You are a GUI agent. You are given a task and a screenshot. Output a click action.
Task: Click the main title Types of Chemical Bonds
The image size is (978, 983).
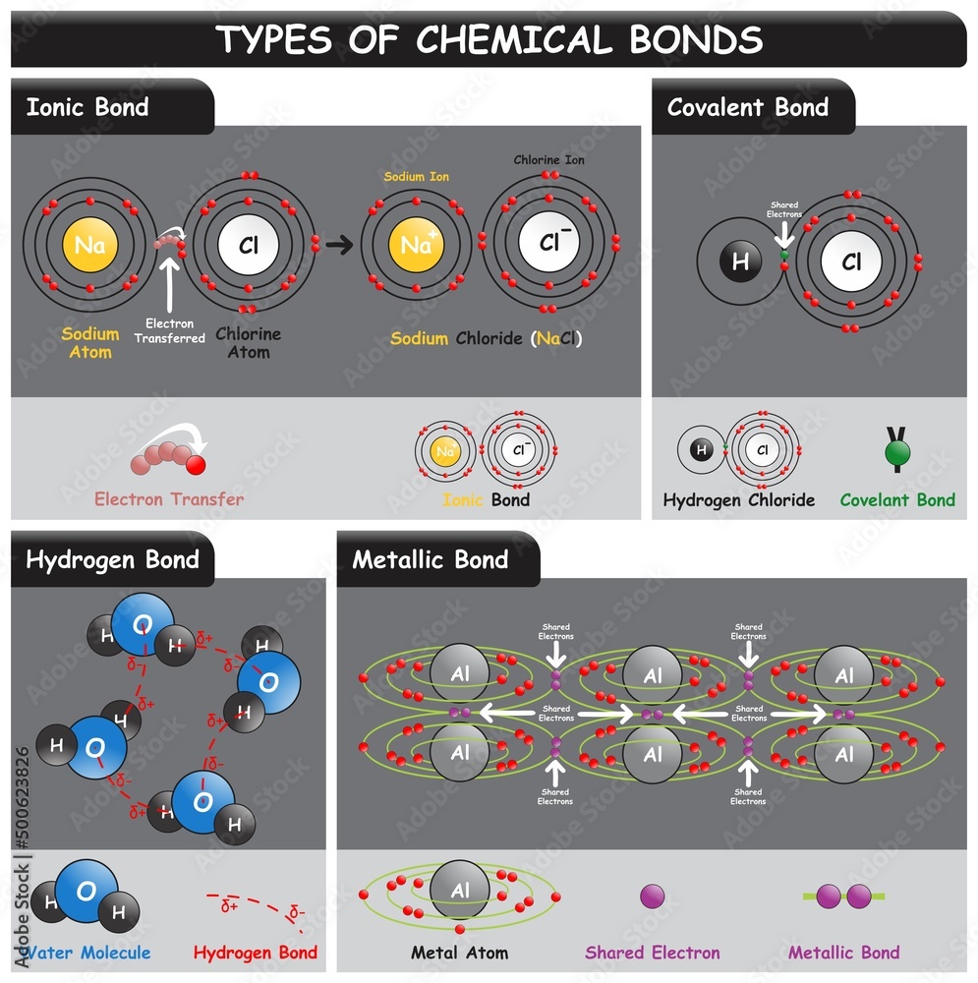pyautogui.click(x=489, y=39)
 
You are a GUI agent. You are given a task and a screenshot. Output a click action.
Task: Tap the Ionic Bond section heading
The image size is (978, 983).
pyautogui.click(x=87, y=107)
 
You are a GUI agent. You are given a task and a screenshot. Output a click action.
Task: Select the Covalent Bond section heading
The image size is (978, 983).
pyautogui.click(x=747, y=107)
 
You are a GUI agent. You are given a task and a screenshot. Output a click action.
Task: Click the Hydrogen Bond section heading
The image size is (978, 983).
pyautogui.click(x=112, y=560)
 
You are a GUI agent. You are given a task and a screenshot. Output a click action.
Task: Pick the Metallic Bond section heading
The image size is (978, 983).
pyautogui.click(x=431, y=560)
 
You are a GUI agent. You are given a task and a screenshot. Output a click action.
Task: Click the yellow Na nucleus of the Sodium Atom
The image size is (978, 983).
pyautogui.click(x=89, y=245)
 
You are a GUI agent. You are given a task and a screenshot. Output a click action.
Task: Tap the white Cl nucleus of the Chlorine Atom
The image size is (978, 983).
pyautogui.click(x=248, y=245)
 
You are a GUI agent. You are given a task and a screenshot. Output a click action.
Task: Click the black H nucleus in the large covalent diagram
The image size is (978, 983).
pyautogui.click(x=740, y=261)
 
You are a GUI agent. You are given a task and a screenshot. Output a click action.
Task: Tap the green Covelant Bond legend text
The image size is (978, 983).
pyautogui.click(x=896, y=499)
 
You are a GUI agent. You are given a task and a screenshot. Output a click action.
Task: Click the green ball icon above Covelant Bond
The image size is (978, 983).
pyautogui.click(x=896, y=453)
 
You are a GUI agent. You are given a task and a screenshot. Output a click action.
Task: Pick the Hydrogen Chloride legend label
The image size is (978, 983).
pyautogui.click(x=738, y=499)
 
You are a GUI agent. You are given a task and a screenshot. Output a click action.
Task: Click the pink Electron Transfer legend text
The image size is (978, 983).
pyautogui.click(x=169, y=498)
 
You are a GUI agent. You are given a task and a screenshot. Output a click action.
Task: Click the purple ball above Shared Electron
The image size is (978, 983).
pyautogui.click(x=652, y=896)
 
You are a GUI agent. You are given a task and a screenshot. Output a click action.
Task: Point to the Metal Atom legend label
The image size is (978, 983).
pyautogui.click(x=460, y=952)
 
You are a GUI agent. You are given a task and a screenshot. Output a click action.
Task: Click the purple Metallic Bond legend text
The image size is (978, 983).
pyautogui.click(x=843, y=952)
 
